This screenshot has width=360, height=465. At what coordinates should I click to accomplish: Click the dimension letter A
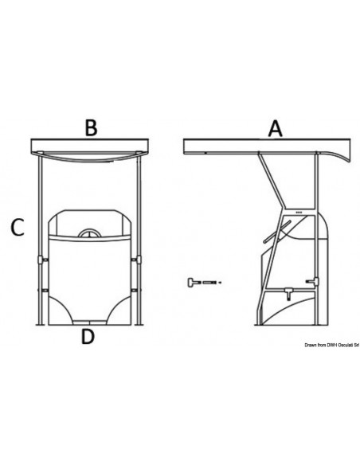[x=275, y=127]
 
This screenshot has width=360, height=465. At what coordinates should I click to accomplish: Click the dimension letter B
[x=91, y=127]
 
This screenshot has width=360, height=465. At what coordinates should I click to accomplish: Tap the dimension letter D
[x=88, y=337]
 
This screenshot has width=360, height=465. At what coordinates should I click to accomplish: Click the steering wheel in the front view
[x=88, y=234]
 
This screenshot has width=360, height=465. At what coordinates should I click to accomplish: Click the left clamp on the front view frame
[x=40, y=262]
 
